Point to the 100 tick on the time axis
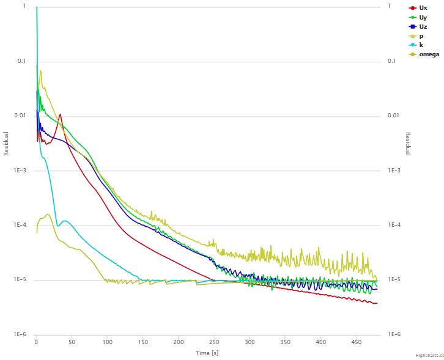[108, 343]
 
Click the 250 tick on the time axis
[214, 343]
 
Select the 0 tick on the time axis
[37, 343]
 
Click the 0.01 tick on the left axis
[20, 116]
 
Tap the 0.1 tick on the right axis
[392, 61]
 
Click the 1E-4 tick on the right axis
[395, 226]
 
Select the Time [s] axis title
[207, 353]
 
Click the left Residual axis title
[7, 143]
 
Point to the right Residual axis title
[408, 143]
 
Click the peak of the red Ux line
[60, 114]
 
